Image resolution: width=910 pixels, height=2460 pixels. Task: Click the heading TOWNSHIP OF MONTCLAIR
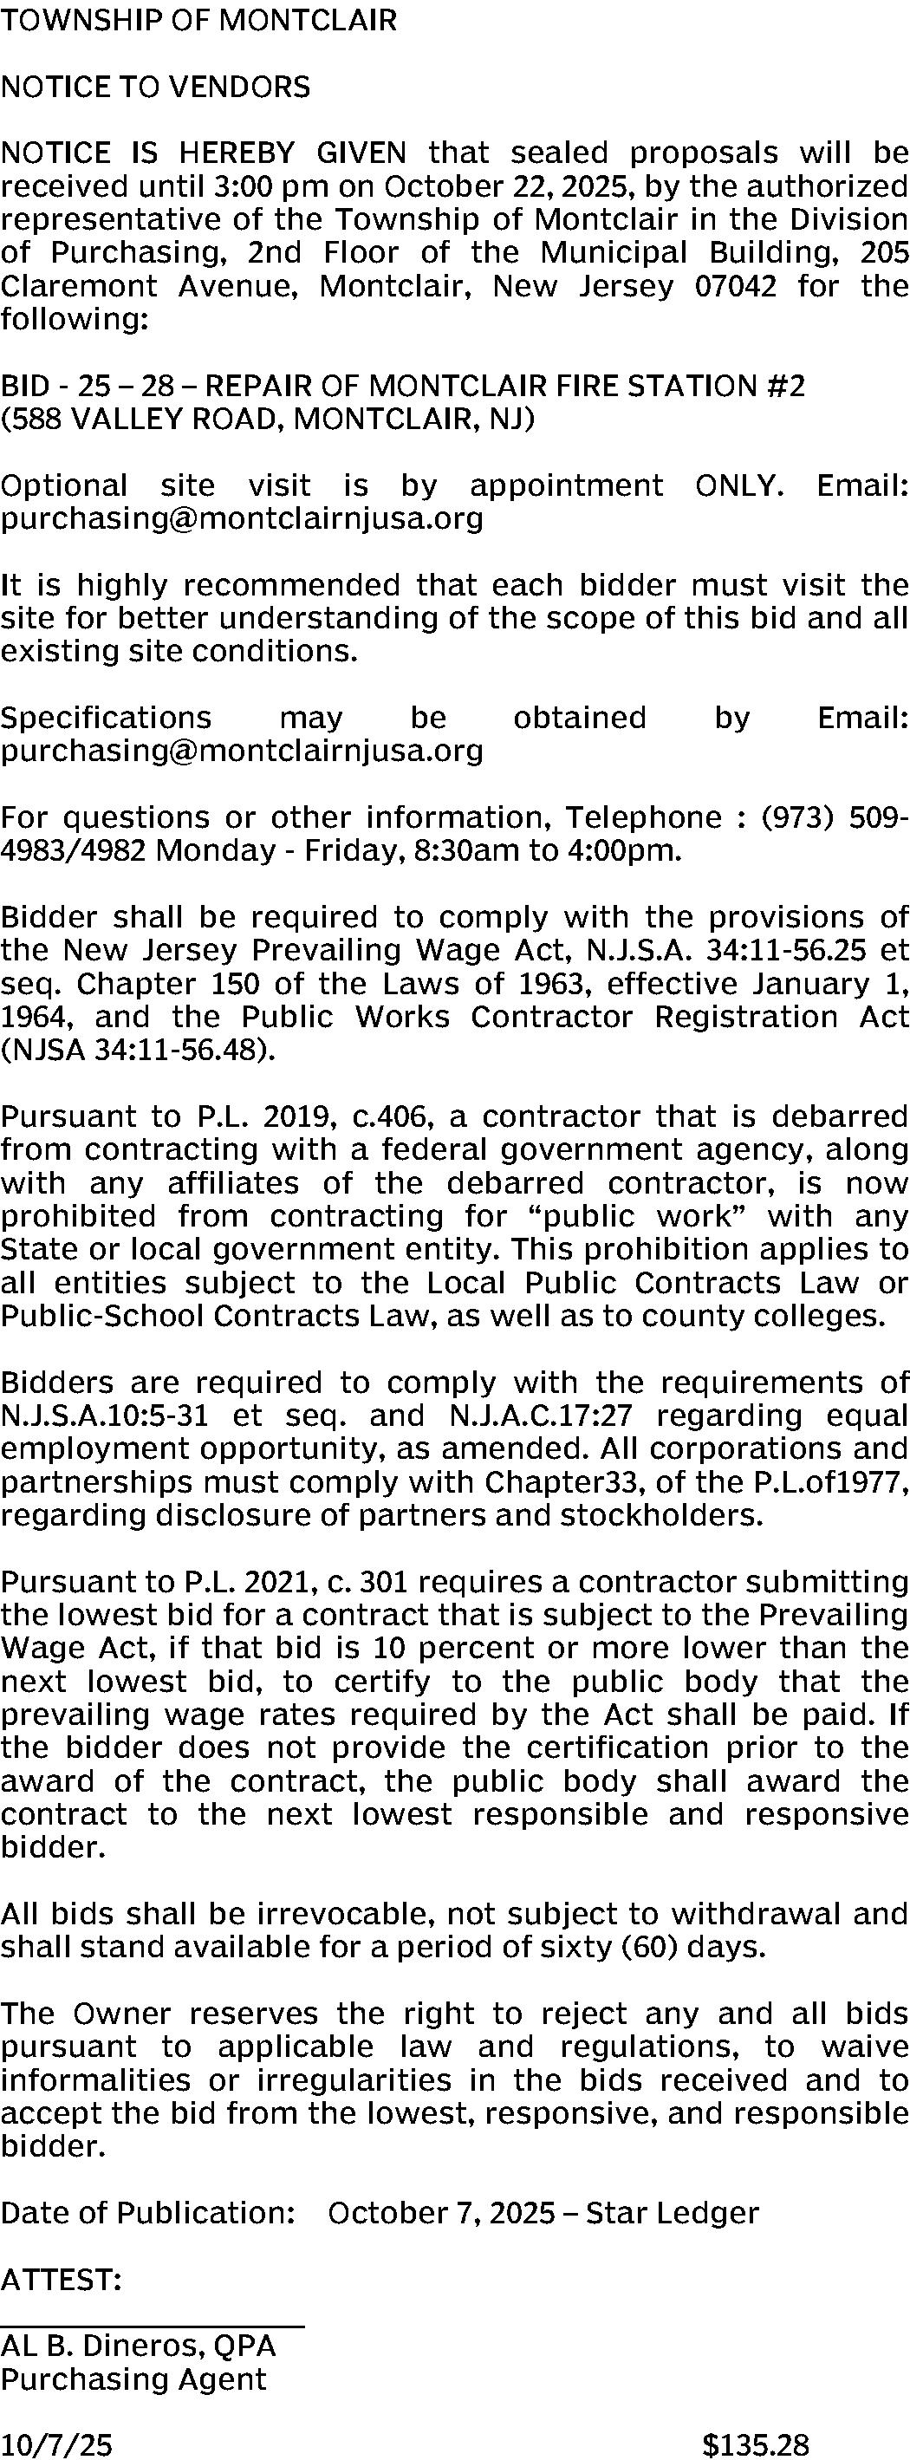(198, 20)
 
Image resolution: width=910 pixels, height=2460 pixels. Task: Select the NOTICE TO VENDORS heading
(156, 87)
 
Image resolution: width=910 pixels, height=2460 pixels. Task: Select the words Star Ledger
(673, 2213)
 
